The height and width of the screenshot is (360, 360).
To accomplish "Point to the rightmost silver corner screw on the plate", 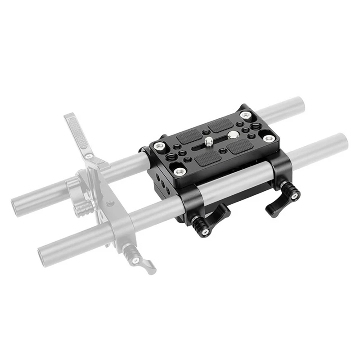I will [269, 138].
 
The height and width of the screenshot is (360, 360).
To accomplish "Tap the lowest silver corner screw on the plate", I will [180, 171].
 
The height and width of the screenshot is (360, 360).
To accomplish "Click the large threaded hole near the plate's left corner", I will [171, 157].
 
